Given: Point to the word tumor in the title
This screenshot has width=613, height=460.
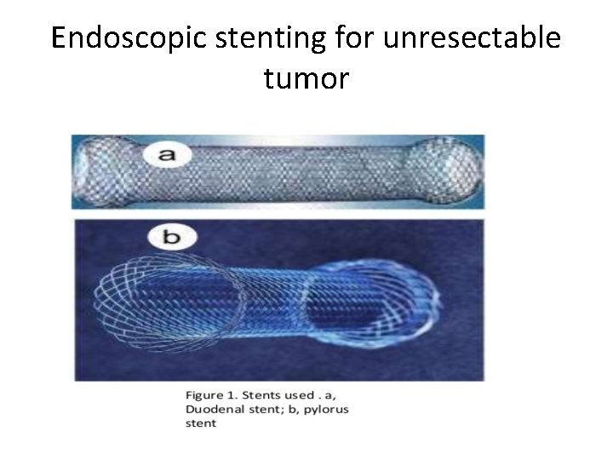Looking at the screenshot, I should (306, 79).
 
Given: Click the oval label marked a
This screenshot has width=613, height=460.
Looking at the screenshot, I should (166, 154).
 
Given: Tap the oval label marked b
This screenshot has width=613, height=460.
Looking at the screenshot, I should (171, 236).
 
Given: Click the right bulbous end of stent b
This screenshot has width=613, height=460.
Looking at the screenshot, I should (400, 302).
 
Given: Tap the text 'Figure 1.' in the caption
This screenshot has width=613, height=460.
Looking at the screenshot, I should (210, 395).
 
